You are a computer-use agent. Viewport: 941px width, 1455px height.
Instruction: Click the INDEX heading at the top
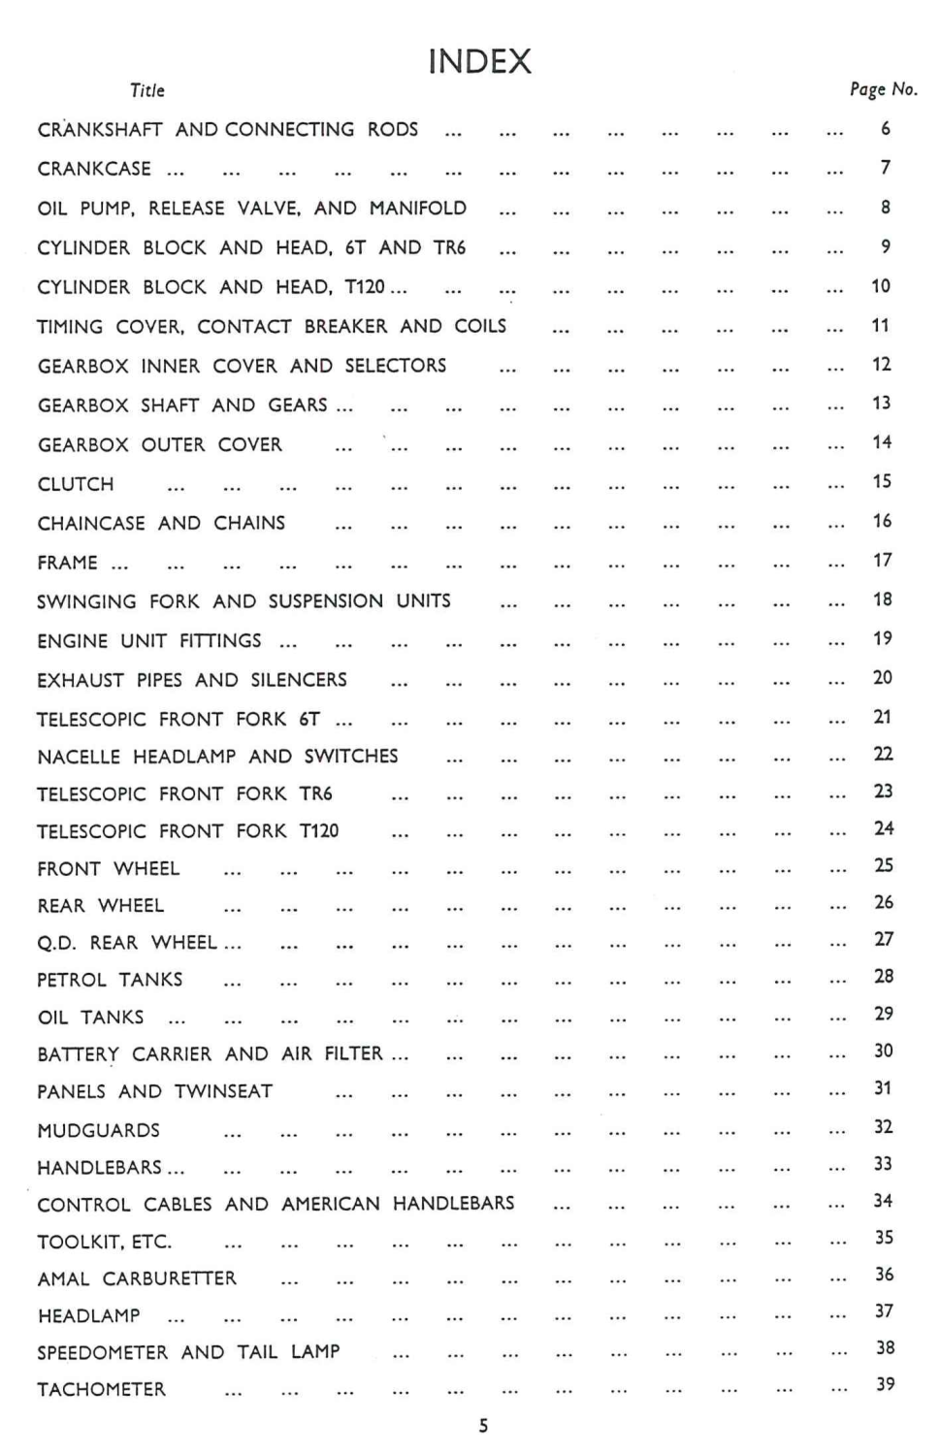(x=479, y=62)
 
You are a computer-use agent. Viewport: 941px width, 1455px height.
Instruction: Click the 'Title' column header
(x=147, y=90)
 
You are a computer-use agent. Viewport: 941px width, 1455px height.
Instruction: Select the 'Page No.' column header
(x=883, y=89)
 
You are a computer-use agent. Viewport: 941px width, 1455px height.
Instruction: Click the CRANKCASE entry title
(x=94, y=169)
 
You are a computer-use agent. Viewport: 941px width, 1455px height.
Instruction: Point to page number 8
(x=886, y=208)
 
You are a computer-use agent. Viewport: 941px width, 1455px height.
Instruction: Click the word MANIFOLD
(x=418, y=209)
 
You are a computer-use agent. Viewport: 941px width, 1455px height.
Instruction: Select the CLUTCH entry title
(x=76, y=484)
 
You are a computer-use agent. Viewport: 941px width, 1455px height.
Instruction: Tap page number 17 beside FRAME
(x=882, y=561)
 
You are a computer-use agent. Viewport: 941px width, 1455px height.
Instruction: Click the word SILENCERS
(x=299, y=680)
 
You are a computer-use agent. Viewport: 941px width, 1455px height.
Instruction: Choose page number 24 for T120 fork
(x=883, y=828)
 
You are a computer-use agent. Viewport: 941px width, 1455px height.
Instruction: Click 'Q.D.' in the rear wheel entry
(x=56, y=943)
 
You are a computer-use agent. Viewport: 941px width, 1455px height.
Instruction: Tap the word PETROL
(x=71, y=980)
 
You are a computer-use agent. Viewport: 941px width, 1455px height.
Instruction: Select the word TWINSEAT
(x=224, y=1092)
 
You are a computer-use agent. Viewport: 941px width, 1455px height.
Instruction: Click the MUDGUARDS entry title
(x=98, y=1131)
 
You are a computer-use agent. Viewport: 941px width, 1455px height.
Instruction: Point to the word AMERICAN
(x=331, y=1205)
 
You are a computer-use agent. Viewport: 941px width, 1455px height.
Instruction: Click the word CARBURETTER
(x=170, y=1278)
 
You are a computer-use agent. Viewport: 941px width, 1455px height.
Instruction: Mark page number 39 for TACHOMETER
(x=885, y=1384)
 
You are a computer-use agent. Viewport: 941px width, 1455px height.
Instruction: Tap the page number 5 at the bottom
(x=483, y=1426)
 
